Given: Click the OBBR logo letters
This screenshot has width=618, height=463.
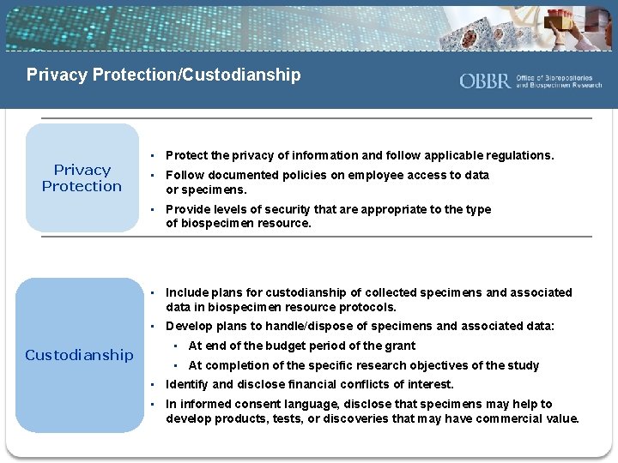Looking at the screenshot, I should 485,81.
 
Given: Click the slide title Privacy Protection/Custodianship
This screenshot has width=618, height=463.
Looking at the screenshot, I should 164,75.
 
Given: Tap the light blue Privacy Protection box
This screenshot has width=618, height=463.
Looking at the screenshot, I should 82,177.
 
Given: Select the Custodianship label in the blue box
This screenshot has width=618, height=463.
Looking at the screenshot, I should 79,354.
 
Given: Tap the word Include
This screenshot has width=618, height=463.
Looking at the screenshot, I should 186,292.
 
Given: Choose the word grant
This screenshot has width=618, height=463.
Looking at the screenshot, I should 399,346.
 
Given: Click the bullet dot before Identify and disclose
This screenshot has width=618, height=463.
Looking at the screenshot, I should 150,384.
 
